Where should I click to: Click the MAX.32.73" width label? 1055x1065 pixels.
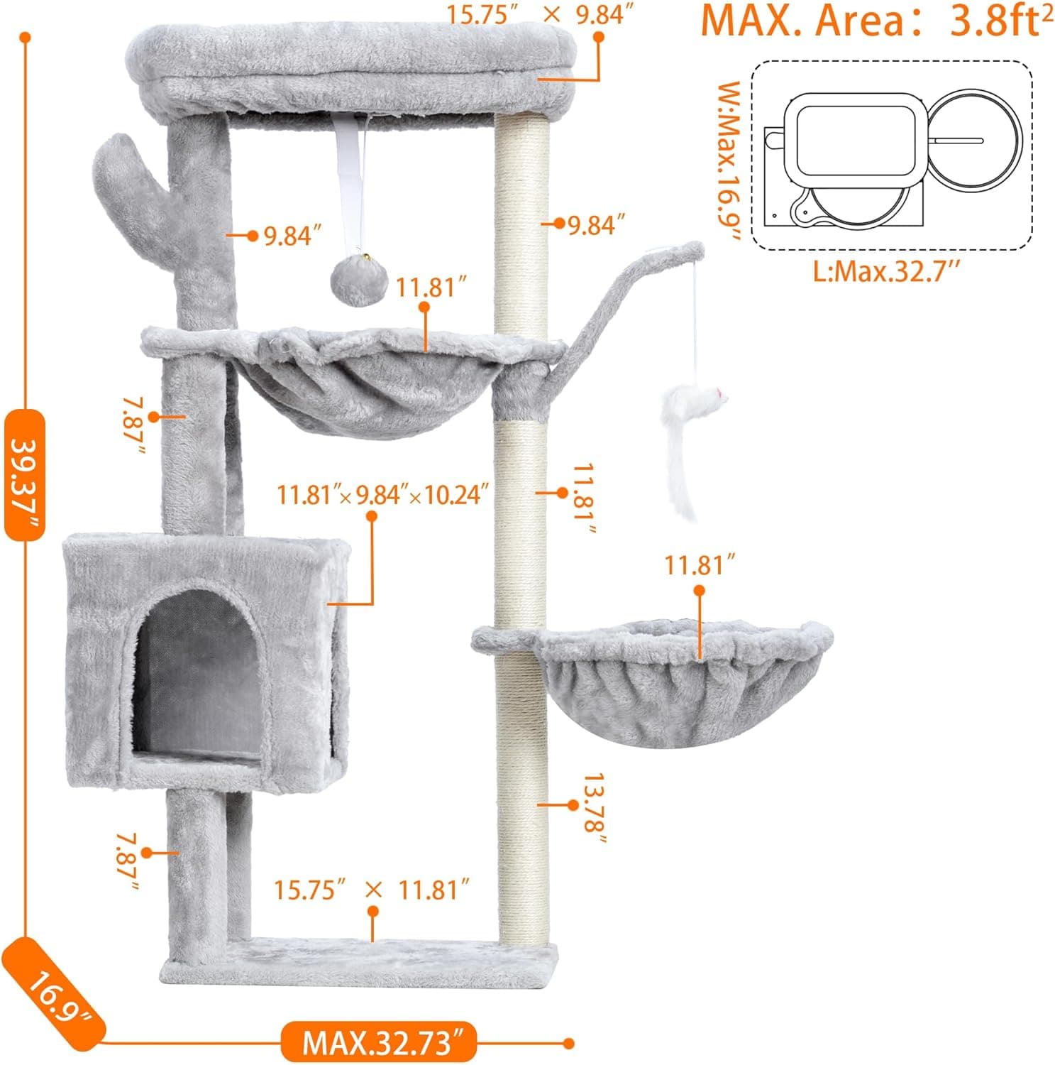(377, 1042)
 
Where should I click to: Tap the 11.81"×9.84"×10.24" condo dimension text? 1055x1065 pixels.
(383, 494)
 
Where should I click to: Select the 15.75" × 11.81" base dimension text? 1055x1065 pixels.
(372, 889)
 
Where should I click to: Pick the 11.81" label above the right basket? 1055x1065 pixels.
(698, 566)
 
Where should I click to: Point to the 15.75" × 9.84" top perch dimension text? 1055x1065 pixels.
(540, 13)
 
